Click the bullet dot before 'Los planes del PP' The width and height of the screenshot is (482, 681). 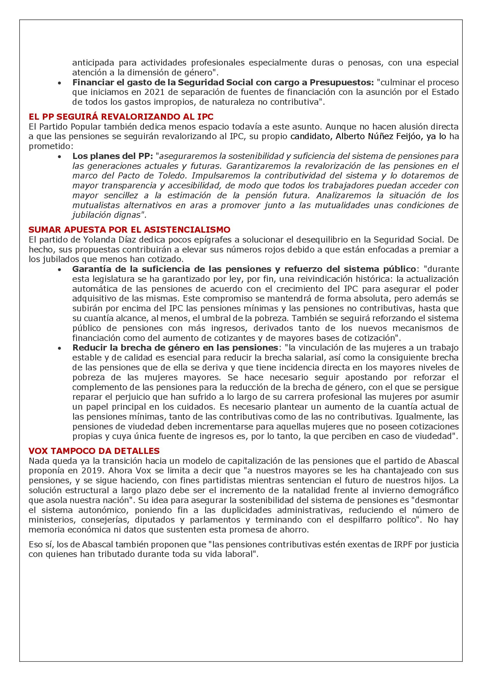click(60, 156)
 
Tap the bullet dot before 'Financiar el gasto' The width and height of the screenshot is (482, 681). click(60, 83)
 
